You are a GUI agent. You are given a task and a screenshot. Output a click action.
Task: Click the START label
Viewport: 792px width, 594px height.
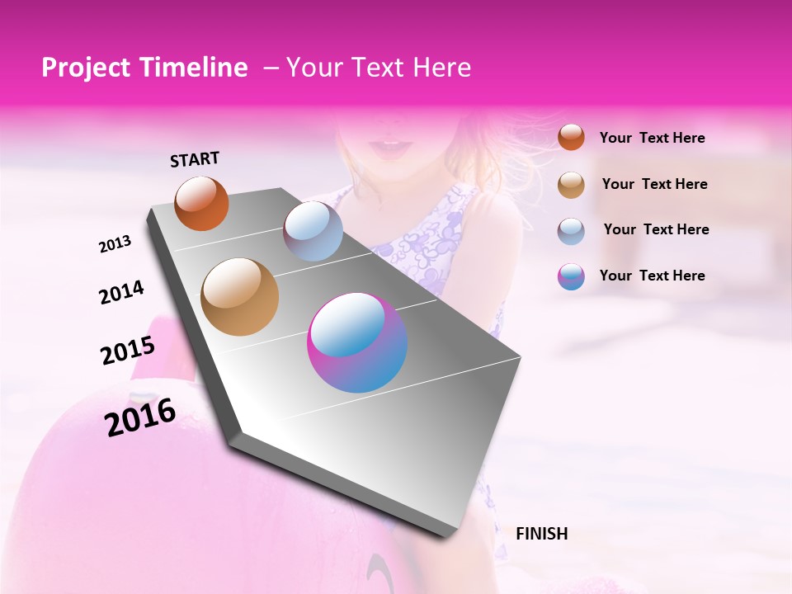pos(195,159)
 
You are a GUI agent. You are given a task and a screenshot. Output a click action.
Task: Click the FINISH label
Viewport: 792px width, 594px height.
pos(541,534)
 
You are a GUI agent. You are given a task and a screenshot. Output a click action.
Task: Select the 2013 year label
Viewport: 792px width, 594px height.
pos(115,244)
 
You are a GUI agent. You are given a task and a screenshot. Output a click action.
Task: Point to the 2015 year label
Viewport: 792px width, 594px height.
pos(127,351)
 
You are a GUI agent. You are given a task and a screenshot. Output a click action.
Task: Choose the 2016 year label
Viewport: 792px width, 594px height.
pos(140,417)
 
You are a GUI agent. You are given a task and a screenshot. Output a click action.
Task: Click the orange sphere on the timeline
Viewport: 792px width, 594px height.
pos(201,203)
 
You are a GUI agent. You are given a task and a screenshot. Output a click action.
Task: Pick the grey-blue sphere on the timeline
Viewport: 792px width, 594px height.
pos(313,231)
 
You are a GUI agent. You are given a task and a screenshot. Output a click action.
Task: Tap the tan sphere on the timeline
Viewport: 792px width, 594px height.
pos(240,297)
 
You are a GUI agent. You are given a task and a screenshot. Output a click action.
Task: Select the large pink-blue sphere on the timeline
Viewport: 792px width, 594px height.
pos(357,342)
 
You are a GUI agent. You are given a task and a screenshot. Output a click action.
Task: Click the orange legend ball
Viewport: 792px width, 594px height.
pos(571,138)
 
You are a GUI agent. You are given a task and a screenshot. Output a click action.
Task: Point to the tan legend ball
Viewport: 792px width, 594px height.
pos(571,185)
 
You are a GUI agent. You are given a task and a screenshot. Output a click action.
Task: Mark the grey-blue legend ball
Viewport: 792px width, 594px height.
pos(571,230)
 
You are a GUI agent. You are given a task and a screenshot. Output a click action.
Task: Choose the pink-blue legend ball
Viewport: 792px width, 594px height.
pos(571,276)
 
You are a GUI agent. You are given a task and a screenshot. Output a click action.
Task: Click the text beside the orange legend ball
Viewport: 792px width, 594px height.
pos(652,139)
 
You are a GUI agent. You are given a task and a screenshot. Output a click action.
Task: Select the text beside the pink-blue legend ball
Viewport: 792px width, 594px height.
pos(652,276)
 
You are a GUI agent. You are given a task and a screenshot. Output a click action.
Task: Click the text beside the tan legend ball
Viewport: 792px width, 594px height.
pos(654,184)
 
